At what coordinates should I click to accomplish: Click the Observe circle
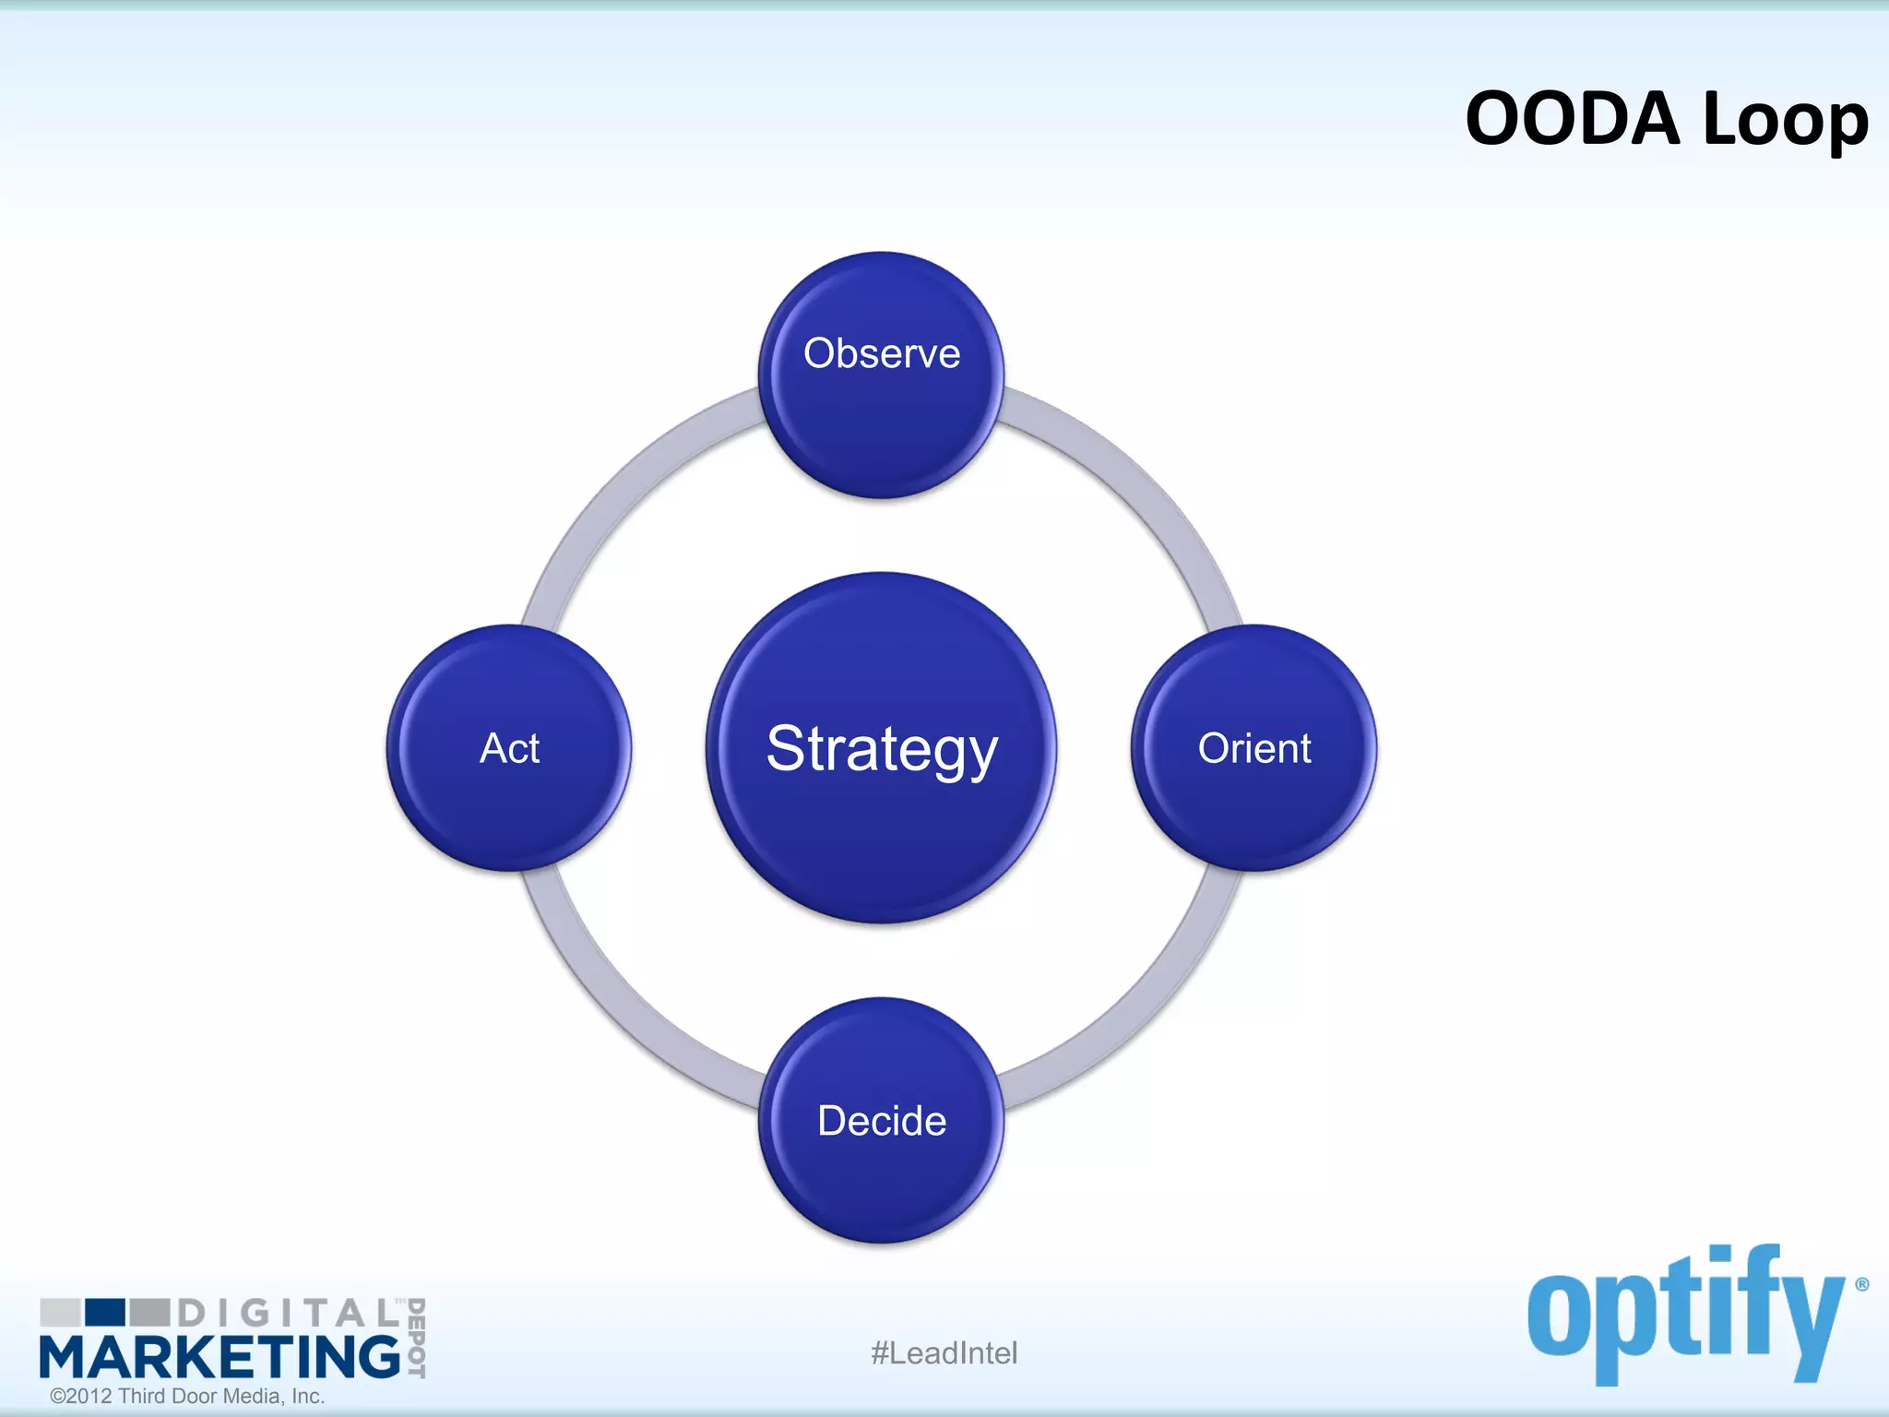pos(882,375)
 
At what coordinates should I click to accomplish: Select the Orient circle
pos(1253,747)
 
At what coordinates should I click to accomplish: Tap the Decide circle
pos(882,1120)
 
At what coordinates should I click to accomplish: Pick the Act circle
pos(509,747)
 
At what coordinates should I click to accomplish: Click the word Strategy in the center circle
pos(882,749)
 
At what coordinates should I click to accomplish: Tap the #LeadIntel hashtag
pos(944,1353)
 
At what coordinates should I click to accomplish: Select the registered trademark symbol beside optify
pos(1861,1284)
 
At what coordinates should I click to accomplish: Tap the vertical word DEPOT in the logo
pos(416,1338)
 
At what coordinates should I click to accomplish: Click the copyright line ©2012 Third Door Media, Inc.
pos(187,1396)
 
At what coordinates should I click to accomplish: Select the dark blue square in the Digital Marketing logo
pos(104,1312)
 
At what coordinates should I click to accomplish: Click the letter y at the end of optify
pos(1808,1328)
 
